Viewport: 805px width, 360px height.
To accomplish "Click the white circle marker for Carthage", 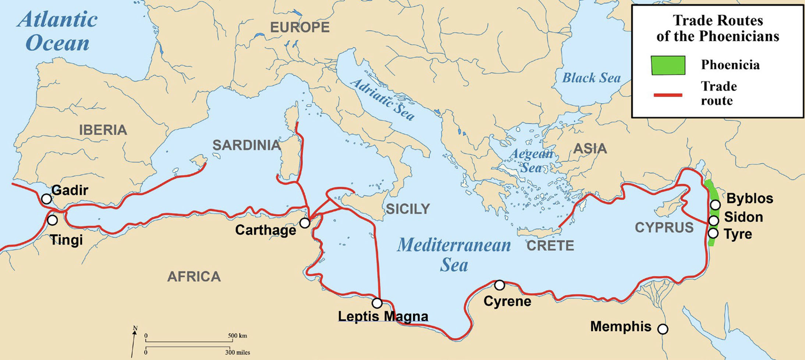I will tap(305, 223).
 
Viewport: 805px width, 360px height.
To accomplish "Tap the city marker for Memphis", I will tap(663, 329).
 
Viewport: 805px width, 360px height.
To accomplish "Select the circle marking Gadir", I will tap(46, 199).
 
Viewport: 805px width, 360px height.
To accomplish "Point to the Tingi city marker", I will tap(52, 220).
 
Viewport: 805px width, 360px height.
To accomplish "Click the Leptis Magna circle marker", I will tap(377, 303).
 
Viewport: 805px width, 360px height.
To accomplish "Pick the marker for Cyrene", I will tap(499, 285).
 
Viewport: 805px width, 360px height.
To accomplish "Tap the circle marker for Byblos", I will tap(715, 205).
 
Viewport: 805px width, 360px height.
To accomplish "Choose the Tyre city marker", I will tap(713, 233).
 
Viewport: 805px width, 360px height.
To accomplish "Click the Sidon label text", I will tap(743, 217).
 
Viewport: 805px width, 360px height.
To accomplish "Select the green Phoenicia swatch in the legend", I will tap(668, 65).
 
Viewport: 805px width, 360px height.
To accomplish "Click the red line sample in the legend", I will tap(668, 95).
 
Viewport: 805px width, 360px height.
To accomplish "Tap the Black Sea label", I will tap(591, 78).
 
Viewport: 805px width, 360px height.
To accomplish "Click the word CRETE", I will tap(550, 246).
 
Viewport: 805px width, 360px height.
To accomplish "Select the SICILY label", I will tap(408, 209).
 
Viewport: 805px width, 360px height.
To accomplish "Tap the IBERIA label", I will tap(103, 130).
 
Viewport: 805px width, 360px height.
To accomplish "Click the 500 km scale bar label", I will tap(237, 336).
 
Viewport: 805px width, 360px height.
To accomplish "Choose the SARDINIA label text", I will tap(247, 145).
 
